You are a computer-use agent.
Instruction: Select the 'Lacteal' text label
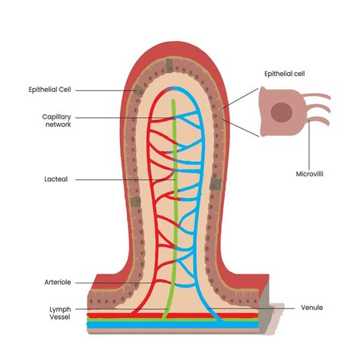point(56,180)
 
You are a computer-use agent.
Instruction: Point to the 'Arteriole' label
point(58,283)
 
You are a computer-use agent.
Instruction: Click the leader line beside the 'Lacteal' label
point(106,180)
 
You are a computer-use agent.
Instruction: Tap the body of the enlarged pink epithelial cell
point(270,125)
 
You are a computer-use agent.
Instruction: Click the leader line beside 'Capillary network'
point(122,116)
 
